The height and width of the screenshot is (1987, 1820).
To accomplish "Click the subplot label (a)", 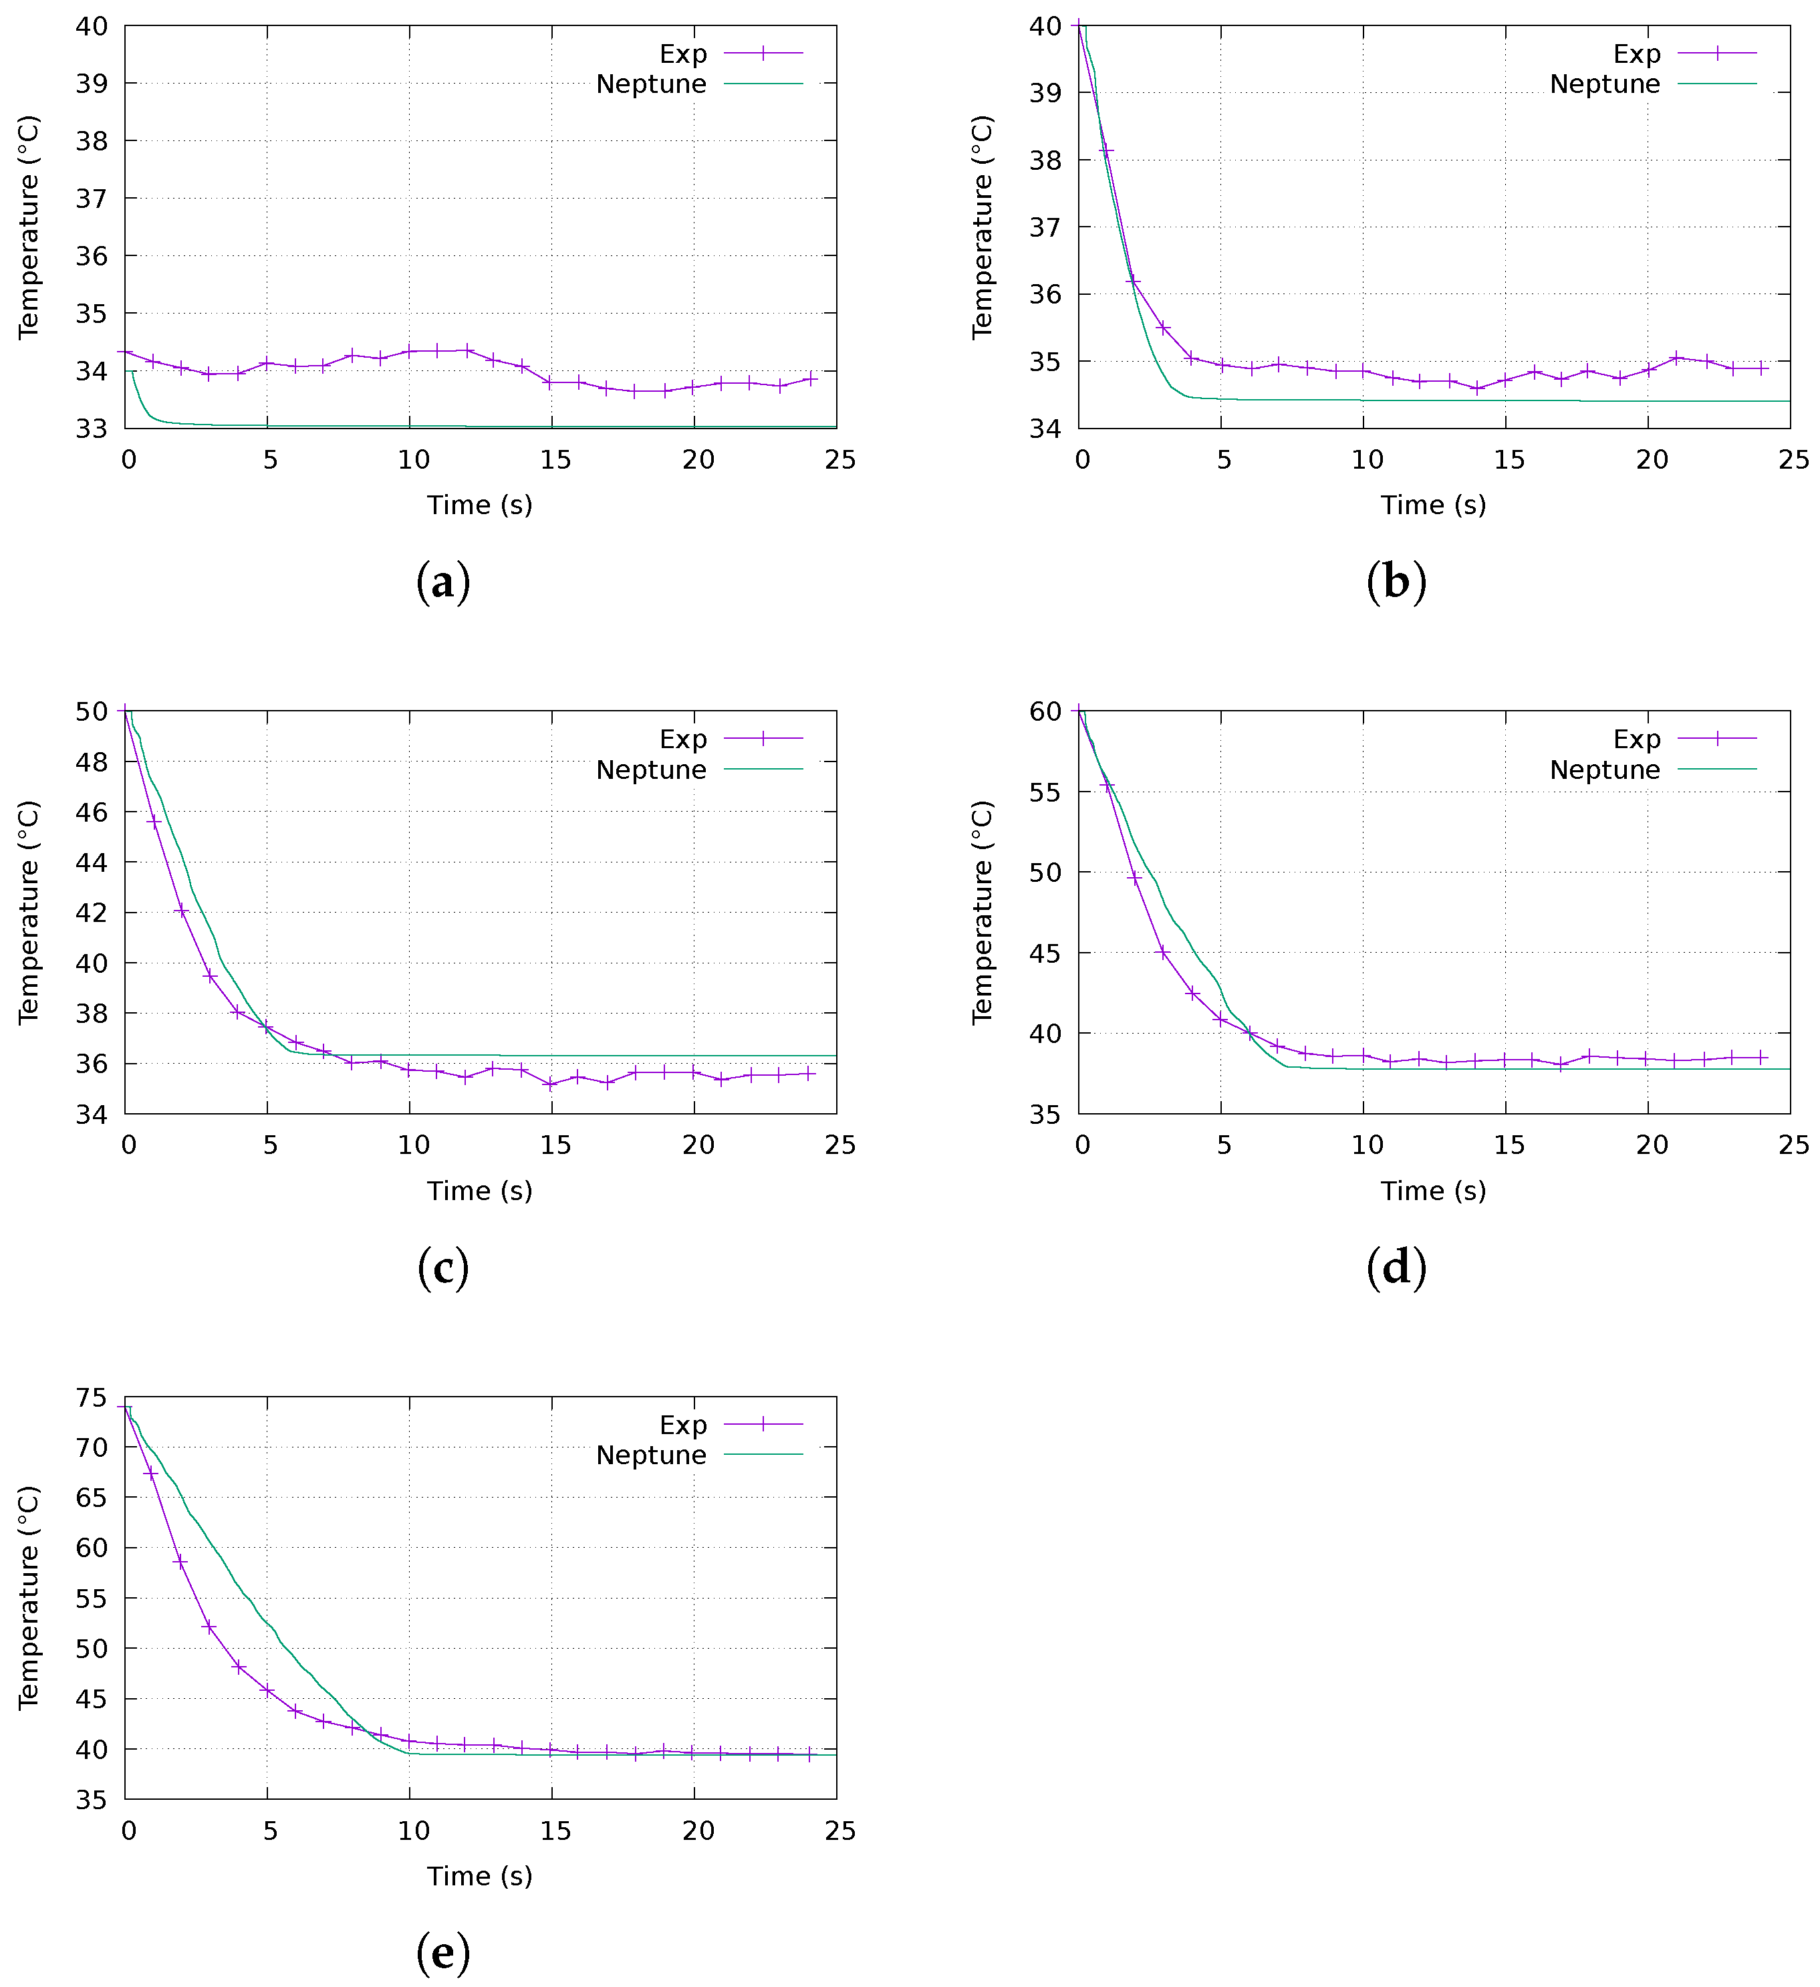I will coord(442,582).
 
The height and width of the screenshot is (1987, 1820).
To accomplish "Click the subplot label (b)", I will coord(1396,582).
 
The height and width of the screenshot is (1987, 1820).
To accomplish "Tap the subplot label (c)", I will coord(442,1268).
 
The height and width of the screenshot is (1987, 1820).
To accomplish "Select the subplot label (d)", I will coord(1396,1268).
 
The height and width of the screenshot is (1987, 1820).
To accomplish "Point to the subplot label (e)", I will coord(442,1952).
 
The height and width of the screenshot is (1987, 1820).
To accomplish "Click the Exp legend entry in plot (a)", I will coord(683,53).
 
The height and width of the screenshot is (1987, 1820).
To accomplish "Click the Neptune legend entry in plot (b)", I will coord(1604,84).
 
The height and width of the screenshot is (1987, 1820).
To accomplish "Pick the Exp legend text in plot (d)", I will coord(1636,739).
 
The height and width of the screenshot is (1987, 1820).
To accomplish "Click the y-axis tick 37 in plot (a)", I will coord(92,198).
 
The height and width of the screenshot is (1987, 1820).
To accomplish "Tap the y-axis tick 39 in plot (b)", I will coord(1045,93).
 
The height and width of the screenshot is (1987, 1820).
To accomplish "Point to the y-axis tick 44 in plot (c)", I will coord(92,862).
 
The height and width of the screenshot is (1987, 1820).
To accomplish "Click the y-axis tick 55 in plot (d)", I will coord(1045,792).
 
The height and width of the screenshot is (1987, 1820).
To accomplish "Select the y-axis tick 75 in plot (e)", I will coord(92,1397).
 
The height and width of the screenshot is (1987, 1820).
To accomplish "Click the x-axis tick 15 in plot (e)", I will coord(555,1831).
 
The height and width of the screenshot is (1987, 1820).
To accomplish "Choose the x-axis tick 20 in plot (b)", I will coord(1652,459).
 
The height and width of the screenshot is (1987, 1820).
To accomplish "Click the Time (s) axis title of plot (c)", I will coord(479,1191).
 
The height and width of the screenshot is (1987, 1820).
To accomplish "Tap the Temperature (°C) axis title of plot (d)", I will coord(983,912).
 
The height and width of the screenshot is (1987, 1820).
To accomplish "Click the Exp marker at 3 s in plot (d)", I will coord(1164,952).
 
